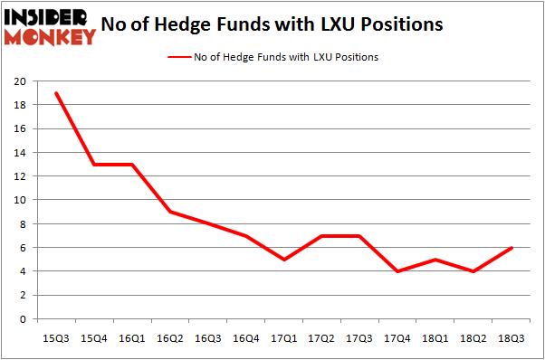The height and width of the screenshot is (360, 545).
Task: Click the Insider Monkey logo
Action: pyautogui.click(x=51, y=26)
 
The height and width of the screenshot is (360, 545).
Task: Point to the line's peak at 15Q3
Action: pyautogui.click(x=57, y=93)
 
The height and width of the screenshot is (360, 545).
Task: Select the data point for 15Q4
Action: pyautogui.click(x=94, y=165)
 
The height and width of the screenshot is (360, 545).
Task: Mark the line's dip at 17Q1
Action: pyautogui.click(x=282, y=260)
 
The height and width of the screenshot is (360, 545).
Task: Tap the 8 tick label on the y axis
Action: pyautogui.click(x=21, y=224)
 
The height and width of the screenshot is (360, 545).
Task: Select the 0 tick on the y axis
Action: pyautogui.click(x=21, y=319)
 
